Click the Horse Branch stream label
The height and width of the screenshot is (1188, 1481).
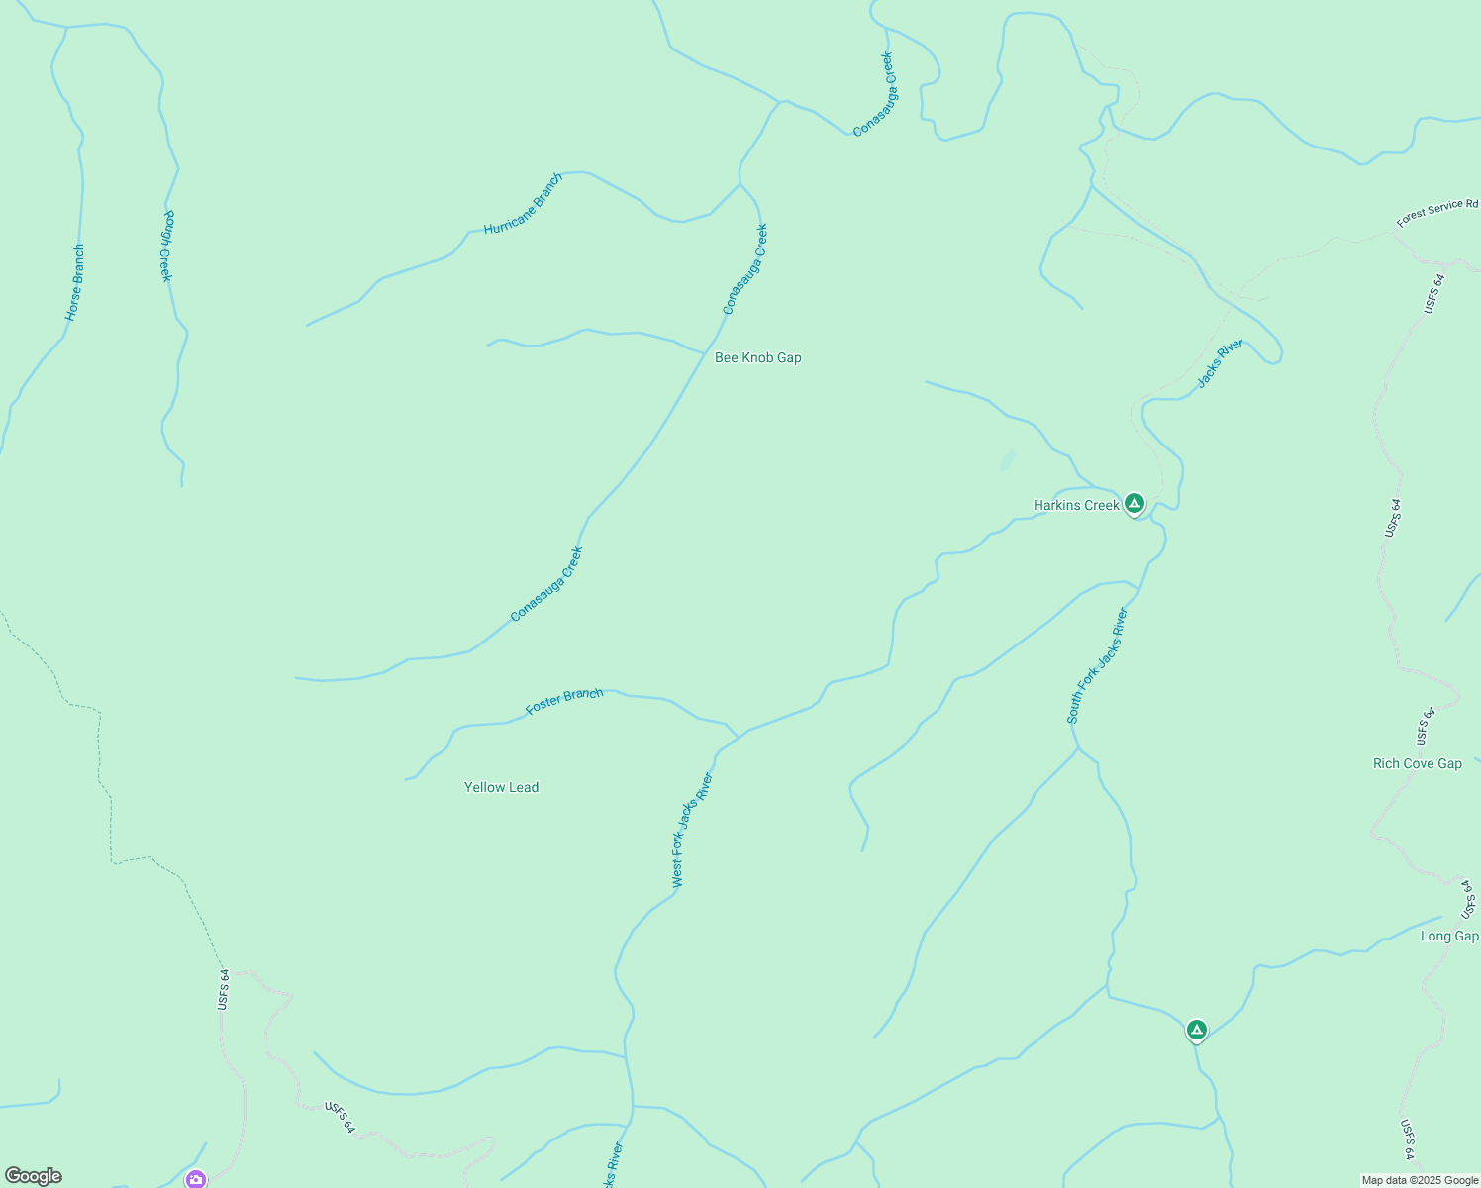(x=75, y=282)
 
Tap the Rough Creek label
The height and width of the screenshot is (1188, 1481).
(x=167, y=246)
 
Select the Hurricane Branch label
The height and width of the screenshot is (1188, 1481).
(x=523, y=204)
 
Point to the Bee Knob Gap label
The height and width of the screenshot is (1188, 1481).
(x=757, y=357)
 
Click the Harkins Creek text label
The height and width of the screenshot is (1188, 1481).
(x=1075, y=505)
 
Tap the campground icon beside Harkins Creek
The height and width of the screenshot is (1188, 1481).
(x=1135, y=503)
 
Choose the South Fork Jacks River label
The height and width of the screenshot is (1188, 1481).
(x=1097, y=665)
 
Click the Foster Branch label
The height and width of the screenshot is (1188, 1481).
(x=564, y=701)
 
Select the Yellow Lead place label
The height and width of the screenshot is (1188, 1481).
(x=501, y=787)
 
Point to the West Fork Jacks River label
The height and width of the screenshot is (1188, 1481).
(x=691, y=830)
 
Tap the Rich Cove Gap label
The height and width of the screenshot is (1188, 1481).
(x=1417, y=763)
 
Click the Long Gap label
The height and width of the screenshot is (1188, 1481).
(x=1449, y=936)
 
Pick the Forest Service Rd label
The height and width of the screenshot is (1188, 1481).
(x=1436, y=212)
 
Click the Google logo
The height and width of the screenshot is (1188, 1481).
(x=34, y=1176)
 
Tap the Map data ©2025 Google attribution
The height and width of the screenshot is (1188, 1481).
(x=1420, y=1180)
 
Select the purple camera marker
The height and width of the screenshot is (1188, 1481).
(x=196, y=1178)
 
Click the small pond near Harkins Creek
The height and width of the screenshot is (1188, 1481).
(x=1008, y=460)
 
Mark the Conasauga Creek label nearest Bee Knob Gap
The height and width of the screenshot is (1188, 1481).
(x=744, y=269)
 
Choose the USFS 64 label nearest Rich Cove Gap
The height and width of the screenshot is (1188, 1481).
(x=1425, y=727)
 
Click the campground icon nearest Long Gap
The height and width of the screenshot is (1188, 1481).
(x=1196, y=1031)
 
